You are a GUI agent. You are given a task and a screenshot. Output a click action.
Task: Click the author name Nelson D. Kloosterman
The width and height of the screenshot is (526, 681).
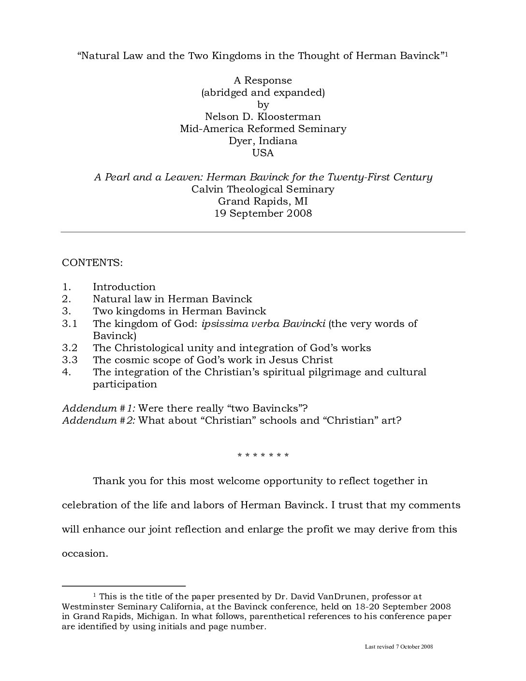click(x=263, y=117)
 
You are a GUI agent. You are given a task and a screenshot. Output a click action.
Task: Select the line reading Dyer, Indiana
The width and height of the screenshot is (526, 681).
click(x=263, y=141)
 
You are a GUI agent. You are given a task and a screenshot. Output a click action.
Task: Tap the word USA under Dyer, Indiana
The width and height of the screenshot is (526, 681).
click(x=263, y=153)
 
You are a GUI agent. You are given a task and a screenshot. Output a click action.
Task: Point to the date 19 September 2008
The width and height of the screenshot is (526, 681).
click(x=263, y=213)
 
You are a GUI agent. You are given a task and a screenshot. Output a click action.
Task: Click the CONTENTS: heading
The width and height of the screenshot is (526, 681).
click(x=92, y=263)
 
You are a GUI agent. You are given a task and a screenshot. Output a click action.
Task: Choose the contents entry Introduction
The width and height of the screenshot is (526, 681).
click(x=124, y=287)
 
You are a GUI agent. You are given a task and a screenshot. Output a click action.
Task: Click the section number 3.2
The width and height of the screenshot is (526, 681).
click(x=70, y=348)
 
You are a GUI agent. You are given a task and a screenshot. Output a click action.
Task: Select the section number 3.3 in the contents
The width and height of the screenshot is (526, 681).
click(x=70, y=360)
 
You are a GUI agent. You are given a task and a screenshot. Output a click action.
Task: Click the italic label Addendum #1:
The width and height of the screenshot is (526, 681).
click(x=98, y=408)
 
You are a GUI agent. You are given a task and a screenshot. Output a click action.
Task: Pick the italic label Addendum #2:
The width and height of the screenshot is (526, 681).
click(x=98, y=420)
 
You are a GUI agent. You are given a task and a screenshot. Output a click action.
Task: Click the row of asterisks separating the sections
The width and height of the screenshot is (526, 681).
click(x=263, y=456)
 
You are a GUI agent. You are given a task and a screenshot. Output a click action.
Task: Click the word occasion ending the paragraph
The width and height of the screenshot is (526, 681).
click(x=84, y=553)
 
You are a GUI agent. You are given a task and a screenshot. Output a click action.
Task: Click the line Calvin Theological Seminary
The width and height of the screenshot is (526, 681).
click(x=263, y=189)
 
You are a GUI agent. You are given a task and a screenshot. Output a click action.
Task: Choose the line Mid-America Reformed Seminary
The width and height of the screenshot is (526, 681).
click(x=263, y=129)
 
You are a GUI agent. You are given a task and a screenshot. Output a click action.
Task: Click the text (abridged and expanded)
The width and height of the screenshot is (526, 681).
click(x=263, y=92)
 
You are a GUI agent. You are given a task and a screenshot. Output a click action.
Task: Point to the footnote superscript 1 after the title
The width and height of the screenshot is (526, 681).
click(x=447, y=53)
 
